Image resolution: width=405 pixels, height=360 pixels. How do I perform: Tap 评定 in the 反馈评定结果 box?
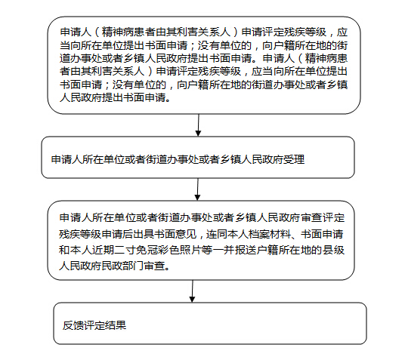pyautogui.click(x=94, y=325)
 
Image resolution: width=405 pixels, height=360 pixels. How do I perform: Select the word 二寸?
pyautogui.click(x=125, y=250)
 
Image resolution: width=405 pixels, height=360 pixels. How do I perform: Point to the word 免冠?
pyautogui.click(x=147, y=250)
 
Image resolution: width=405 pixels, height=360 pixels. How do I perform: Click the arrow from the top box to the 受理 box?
pyautogui.click(x=199, y=125)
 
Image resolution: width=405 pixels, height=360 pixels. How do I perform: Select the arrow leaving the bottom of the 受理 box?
pyautogui.click(x=198, y=189)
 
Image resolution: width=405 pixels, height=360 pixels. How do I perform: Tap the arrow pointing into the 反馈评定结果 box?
pyautogui.click(x=193, y=291)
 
